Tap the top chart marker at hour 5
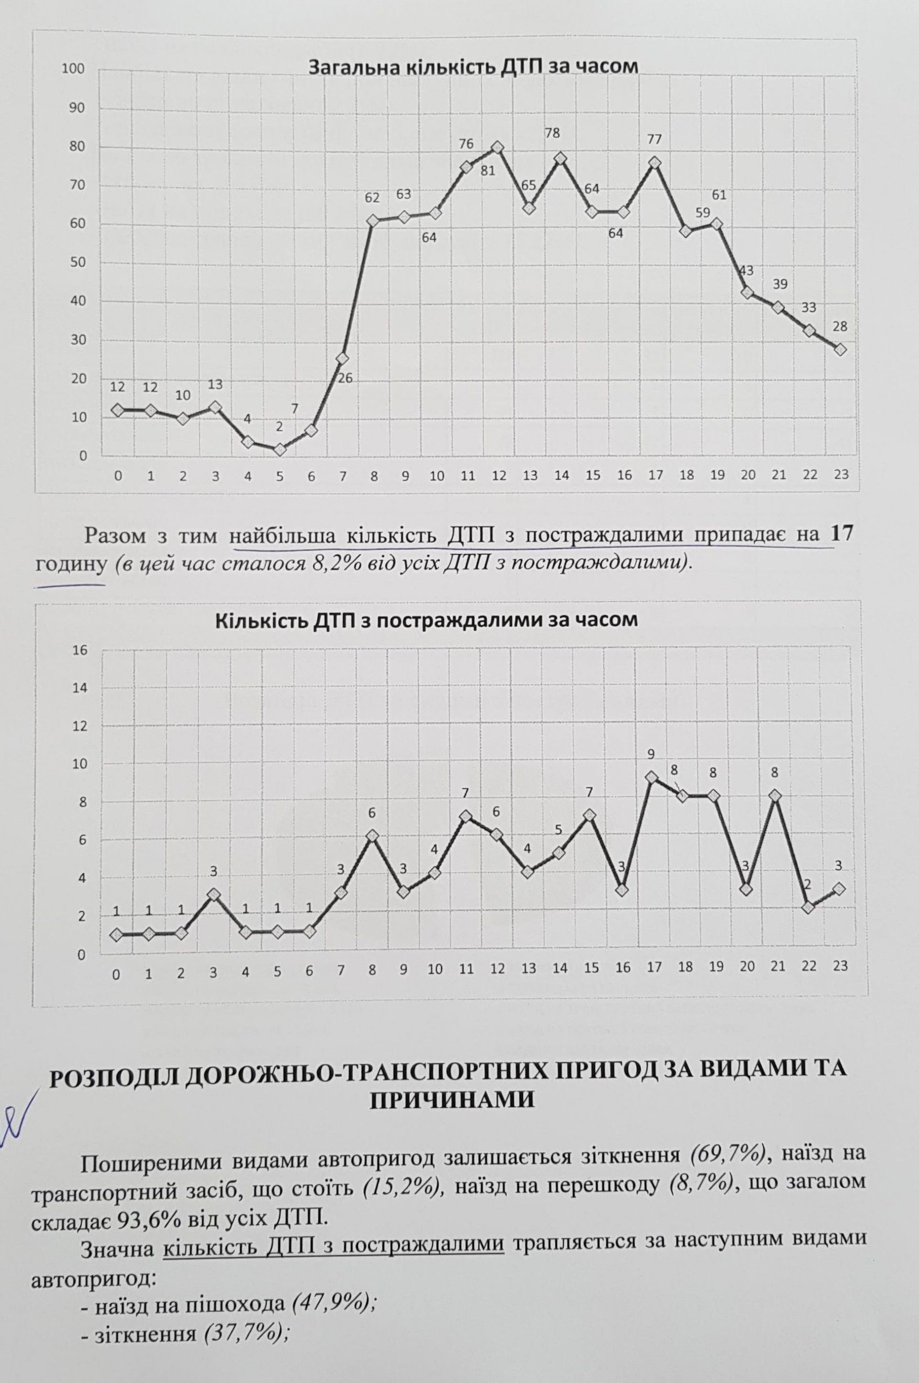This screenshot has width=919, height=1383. pos(280,450)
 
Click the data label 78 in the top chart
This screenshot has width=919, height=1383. pos(551,133)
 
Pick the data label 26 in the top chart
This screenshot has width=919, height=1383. pos(345,378)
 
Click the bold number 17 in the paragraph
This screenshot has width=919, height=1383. pos(841,535)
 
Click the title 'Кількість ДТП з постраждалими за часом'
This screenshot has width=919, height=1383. pos(426,621)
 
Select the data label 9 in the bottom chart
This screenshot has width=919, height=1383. pos(651,753)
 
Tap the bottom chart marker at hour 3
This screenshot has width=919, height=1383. pos(213,895)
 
